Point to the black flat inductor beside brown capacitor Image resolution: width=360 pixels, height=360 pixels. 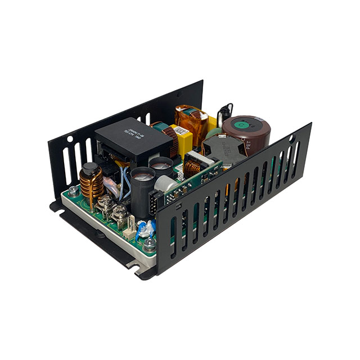click(x=223, y=149)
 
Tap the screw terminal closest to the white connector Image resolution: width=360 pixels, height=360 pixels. click(x=119, y=214)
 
